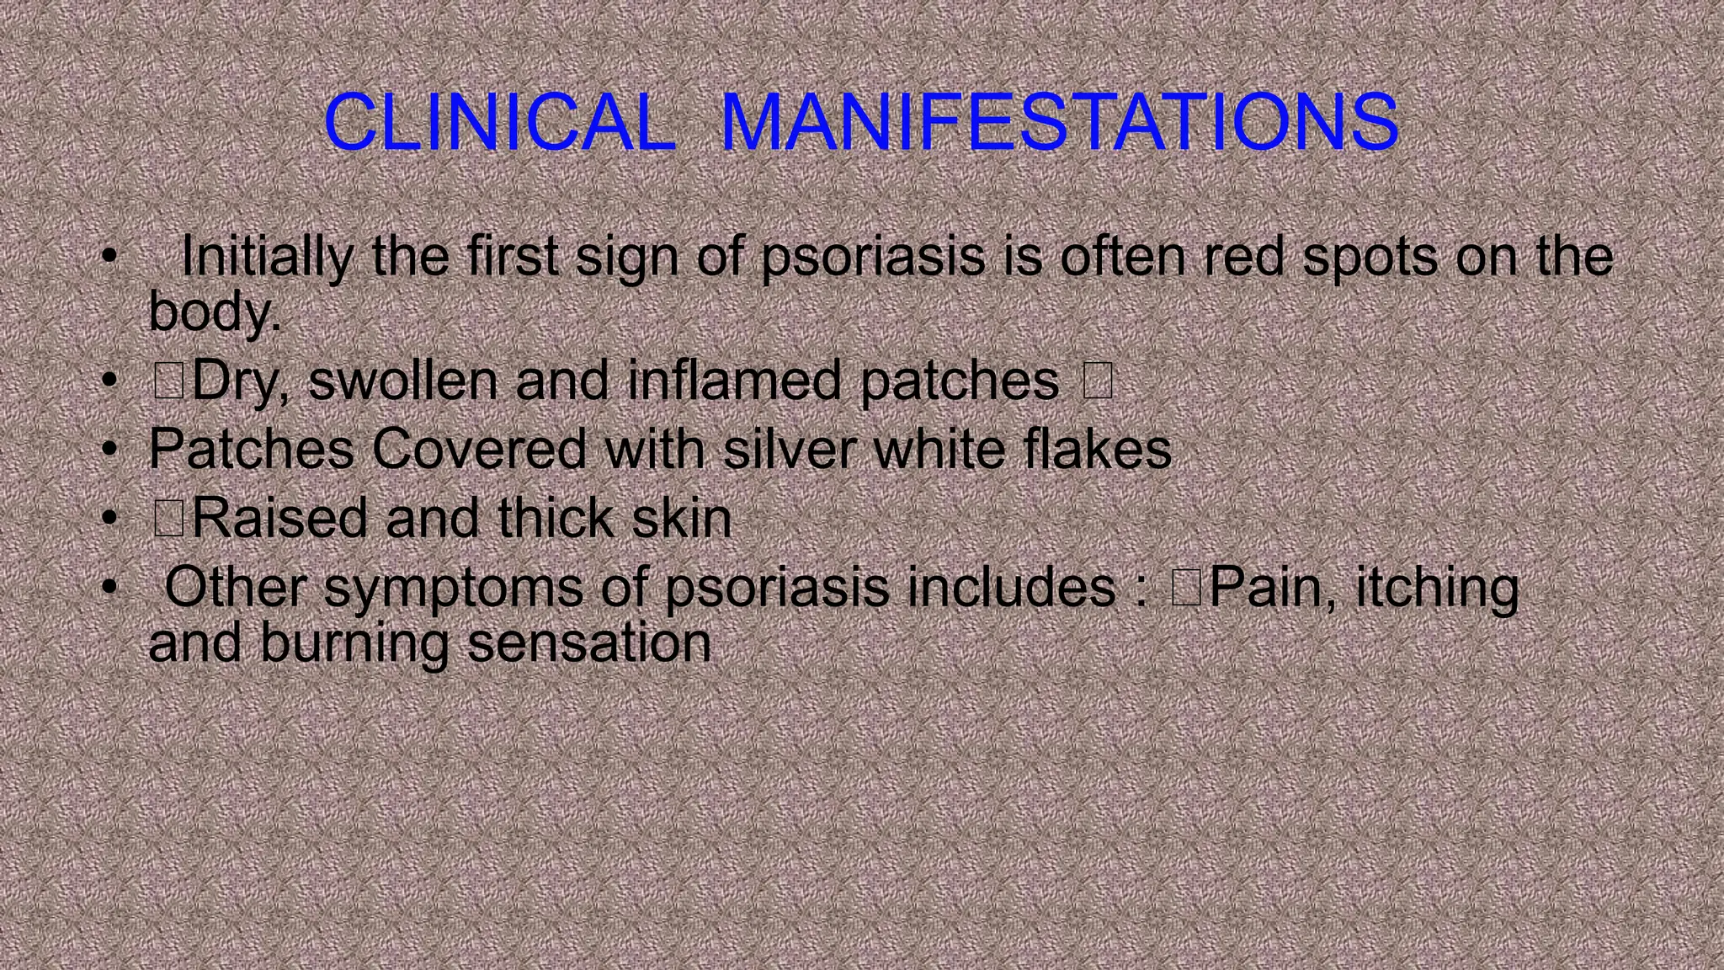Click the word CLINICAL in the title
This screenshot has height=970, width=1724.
pos(500,122)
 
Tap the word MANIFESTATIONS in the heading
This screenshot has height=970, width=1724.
pos(1060,122)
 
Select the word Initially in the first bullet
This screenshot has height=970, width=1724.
pos(267,256)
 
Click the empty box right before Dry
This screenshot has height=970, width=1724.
pos(168,381)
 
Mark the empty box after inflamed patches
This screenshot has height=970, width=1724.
pos(1098,381)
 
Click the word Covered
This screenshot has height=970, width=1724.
pos(479,449)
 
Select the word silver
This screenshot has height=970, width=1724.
pos(790,449)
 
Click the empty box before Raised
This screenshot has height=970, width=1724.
pos(168,518)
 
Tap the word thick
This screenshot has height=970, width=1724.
pos(556,518)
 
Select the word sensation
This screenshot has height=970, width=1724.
pos(589,643)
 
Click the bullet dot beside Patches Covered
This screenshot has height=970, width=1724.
pos(108,450)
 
